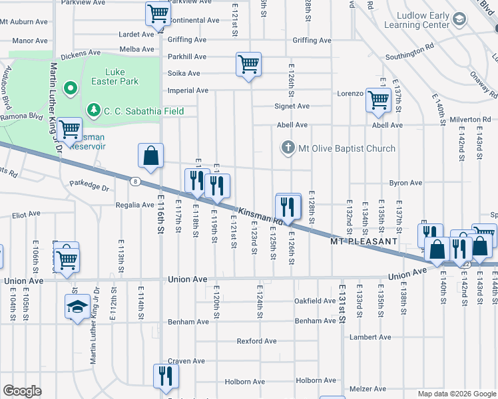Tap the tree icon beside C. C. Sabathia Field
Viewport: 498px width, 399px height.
pos(94,110)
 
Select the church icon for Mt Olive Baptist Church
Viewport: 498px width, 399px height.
pos(288,148)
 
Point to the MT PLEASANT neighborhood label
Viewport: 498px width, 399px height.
pos(364,241)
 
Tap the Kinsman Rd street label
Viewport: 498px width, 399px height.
pos(260,215)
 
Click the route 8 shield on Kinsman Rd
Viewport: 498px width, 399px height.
pos(135,180)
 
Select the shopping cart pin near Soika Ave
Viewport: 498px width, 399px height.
pos(248,65)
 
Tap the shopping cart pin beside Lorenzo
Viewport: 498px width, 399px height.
pos(378,100)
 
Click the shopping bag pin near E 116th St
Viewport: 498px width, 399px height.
pos(151,156)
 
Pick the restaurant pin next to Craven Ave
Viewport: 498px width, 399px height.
pos(164,376)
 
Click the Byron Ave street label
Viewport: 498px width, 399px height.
pos(406,182)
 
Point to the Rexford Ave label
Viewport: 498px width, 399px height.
pos(256,341)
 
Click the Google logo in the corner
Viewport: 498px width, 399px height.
pos(22,391)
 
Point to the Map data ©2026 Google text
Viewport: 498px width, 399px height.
pos(456,394)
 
